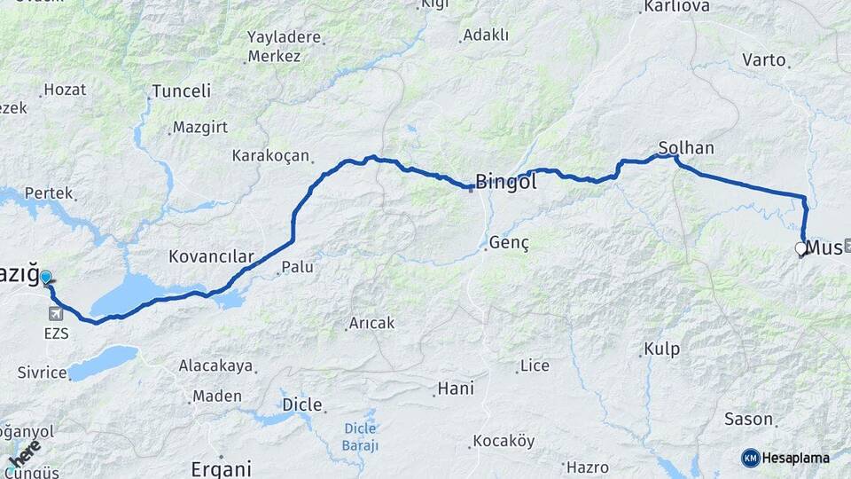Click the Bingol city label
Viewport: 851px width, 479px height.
coord(506,183)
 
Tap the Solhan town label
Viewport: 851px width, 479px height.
coord(686,147)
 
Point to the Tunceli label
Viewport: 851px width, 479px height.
coord(181,91)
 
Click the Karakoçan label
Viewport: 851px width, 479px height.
coord(270,156)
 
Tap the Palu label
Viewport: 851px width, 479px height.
coord(297,266)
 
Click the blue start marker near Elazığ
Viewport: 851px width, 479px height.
coord(46,278)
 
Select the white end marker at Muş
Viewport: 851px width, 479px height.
coord(800,249)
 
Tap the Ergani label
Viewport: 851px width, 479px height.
coord(221,468)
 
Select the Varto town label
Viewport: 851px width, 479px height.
coord(764,60)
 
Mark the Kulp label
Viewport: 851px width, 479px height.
coord(661,349)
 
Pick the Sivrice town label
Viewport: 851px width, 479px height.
coord(42,373)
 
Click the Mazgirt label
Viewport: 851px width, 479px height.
coord(200,127)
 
